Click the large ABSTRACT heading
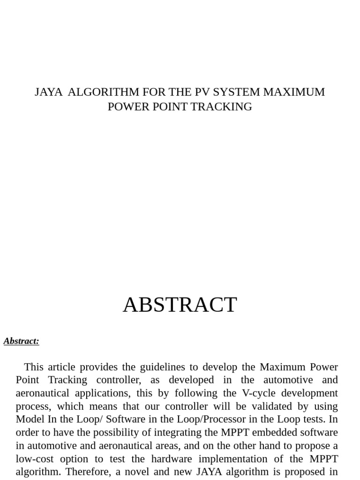coord(180,305)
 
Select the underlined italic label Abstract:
coord(21,341)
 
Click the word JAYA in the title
coord(48,92)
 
